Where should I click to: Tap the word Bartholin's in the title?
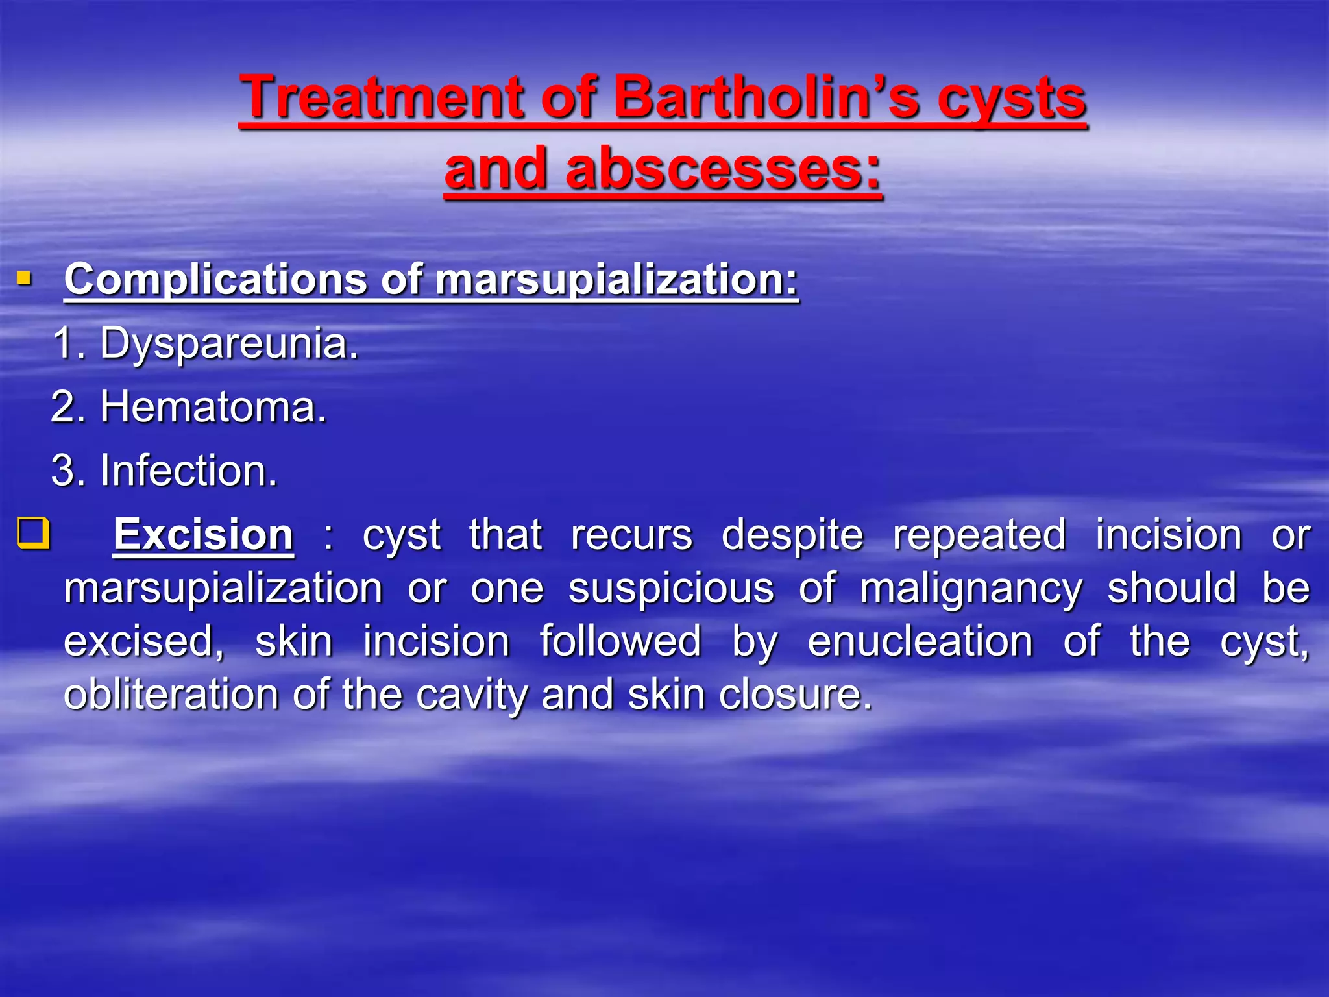pyautogui.click(x=766, y=97)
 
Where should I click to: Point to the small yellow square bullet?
pyautogui.click(x=24, y=280)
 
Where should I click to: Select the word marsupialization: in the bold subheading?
pyautogui.click(x=616, y=280)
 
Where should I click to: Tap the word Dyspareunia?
pyautogui.click(x=228, y=344)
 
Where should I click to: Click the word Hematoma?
pyautogui.click(x=213, y=408)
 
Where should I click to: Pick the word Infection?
pyautogui.click(x=189, y=471)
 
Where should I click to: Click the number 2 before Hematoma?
pyautogui.click(x=64, y=408)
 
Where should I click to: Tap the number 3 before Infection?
pyautogui.click(x=64, y=471)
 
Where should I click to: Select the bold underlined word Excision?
pyautogui.click(x=203, y=535)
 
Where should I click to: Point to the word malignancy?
pyautogui.click(x=971, y=589)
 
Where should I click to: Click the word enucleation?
pyautogui.click(x=920, y=641)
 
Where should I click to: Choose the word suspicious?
pyautogui.click(x=671, y=588)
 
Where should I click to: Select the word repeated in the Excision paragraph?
pyautogui.click(x=979, y=536)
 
